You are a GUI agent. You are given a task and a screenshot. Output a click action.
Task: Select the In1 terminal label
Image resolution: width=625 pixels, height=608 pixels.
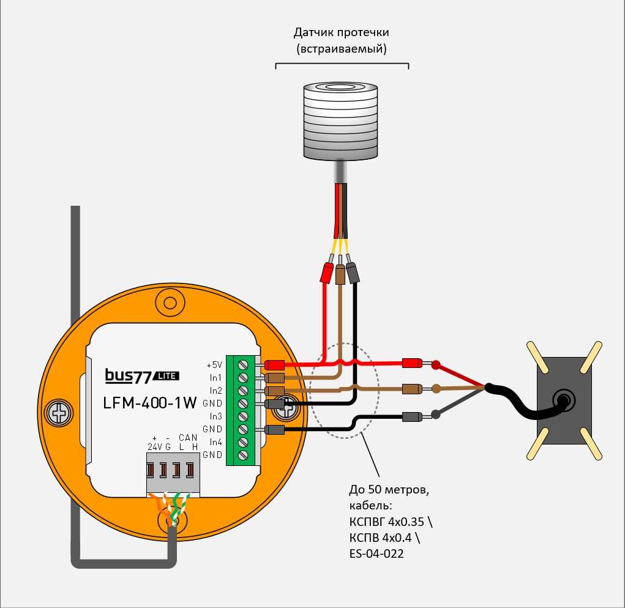215,377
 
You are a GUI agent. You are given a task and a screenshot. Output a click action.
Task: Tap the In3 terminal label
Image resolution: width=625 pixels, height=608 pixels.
215,416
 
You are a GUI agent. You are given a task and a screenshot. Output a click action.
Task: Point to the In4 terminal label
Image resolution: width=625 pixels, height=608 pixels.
215,441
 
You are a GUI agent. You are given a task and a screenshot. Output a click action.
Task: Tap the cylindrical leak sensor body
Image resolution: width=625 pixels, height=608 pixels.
342,122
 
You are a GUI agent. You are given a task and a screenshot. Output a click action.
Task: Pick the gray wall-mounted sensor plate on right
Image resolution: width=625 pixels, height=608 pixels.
564,400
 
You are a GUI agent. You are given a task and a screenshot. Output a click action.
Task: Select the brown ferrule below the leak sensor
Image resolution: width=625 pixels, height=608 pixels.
341,274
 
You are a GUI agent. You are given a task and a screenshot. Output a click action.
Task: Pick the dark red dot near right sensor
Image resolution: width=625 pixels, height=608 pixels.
436,366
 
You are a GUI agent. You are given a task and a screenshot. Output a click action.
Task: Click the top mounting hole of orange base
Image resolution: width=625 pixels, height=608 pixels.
170,301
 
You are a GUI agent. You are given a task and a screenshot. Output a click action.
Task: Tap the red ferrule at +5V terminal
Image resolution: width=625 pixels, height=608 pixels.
275,364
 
